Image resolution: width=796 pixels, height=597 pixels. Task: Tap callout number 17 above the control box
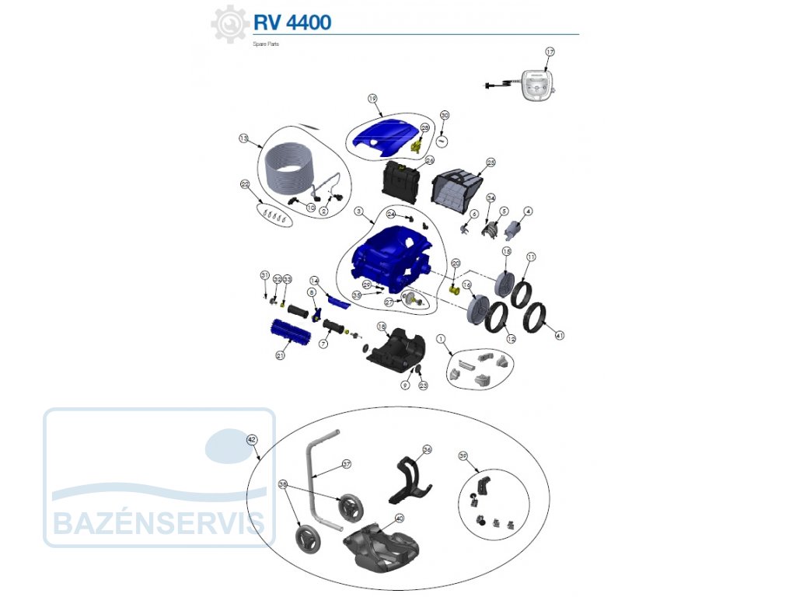pyautogui.click(x=550, y=51)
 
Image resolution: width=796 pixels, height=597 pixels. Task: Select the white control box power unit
pyautogui.click(x=536, y=85)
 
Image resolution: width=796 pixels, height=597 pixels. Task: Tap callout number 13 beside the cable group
pyautogui.click(x=243, y=138)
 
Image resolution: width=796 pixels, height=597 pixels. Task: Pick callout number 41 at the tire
pyautogui.click(x=559, y=335)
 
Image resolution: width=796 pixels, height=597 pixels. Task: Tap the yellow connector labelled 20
pyautogui.click(x=453, y=290)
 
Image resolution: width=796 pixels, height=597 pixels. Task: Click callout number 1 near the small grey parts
pyautogui.click(x=441, y=339)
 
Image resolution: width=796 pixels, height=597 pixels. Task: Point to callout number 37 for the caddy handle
pyautogui.click(x=347, y=464)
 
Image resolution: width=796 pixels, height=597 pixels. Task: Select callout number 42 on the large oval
pyautogui.click(x=251, y=439)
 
